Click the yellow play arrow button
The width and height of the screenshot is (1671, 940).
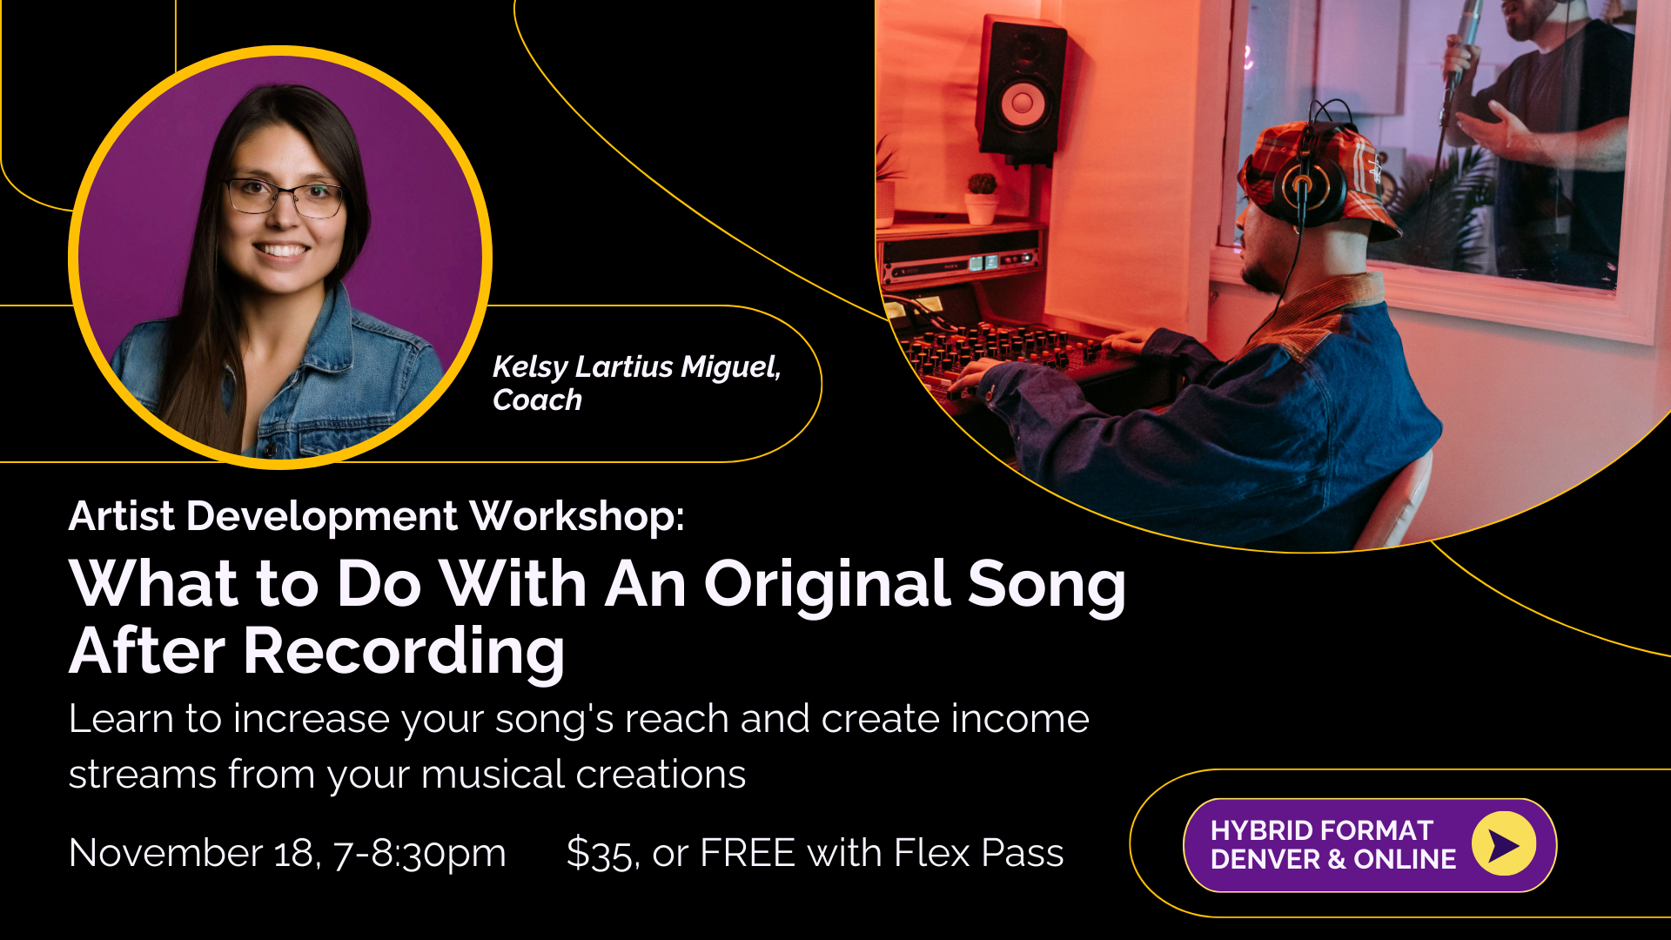pyautogui.click(x=1503, y=844)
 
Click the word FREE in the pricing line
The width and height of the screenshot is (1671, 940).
pyautogui.click(x=747, y=853)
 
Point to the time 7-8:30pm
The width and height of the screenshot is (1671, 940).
pyautogui.click(x=419, y=853)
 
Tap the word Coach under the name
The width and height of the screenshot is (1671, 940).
pyautogui.click(x=537, y=400)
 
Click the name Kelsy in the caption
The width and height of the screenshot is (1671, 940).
pyautogui.click(x=530, y=367)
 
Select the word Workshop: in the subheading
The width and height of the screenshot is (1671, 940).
pyautogui.click(x=577, y=516)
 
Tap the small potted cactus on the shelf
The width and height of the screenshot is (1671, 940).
pyautogui.click(x=982, y=196)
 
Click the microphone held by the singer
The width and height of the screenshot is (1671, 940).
pyautogui.click(x=1465, y=35)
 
